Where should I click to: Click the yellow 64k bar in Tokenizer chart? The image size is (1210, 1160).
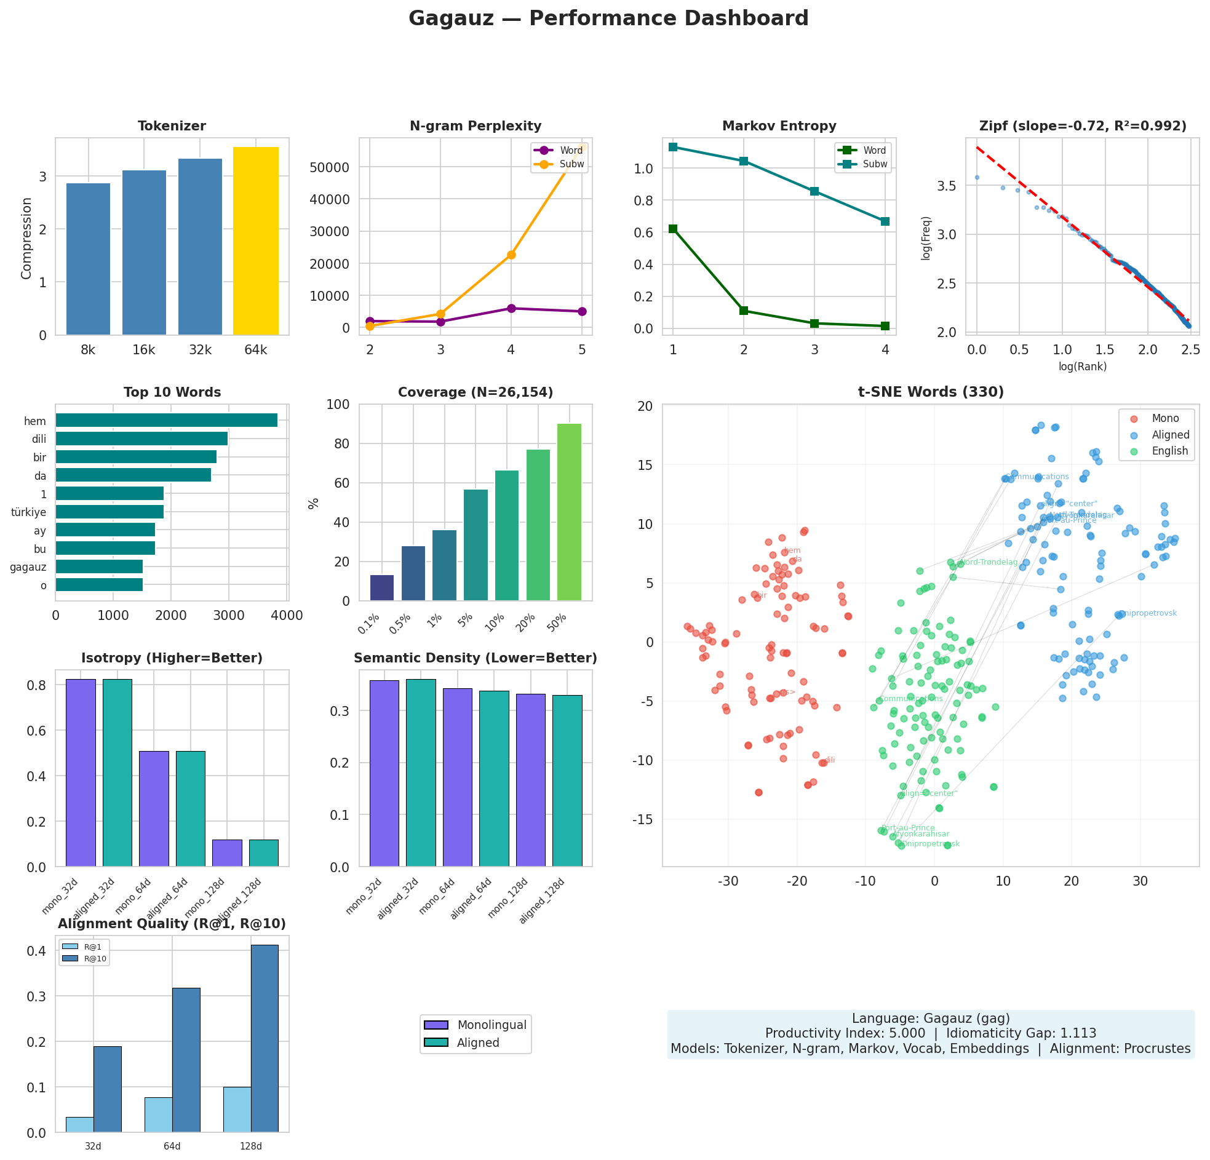[255, 240]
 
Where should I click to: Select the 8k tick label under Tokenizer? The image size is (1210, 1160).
[89, 350]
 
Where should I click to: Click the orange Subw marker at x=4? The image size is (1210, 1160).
[511, 255]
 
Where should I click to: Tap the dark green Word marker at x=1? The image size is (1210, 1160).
[673, 229]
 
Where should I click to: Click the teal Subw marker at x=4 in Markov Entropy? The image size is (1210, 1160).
[885, 221]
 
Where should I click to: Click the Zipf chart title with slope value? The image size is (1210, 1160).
[1082, 126]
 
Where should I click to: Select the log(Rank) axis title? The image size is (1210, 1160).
[1082, 367]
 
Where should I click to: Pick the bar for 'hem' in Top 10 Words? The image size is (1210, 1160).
[166, 421]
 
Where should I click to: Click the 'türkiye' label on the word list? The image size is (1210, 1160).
[28, 512]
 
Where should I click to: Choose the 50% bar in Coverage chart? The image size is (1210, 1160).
[568, 512]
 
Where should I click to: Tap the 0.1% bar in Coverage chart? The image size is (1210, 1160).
[381, 588]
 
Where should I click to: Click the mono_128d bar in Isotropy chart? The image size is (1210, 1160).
[227, 852]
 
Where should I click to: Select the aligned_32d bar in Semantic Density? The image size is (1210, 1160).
[420, 773]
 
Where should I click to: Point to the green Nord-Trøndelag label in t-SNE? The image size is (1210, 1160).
[989, 562]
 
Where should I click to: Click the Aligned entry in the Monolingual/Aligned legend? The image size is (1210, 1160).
[477, 1043]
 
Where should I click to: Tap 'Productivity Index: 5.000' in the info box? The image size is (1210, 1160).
[845, 1033]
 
